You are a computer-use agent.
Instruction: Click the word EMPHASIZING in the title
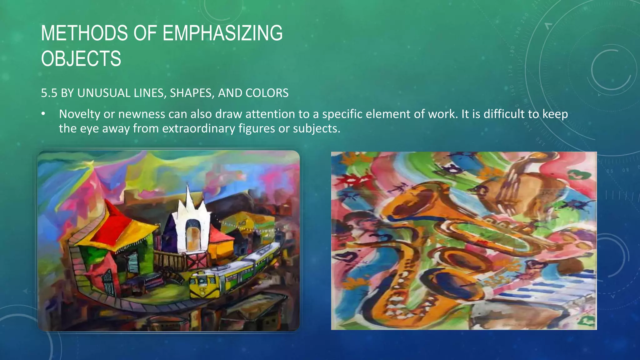(x=222, y=33)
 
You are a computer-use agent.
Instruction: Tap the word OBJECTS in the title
(x=81, y=58)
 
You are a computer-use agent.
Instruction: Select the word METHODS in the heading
(x=84, y=33)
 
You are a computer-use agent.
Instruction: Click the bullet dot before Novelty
(x=43, y=114)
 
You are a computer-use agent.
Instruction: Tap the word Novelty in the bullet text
(x=80, y=114)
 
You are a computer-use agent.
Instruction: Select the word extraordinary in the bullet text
(x=198, y=128)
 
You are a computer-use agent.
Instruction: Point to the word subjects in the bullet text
(x=316, y=128)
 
